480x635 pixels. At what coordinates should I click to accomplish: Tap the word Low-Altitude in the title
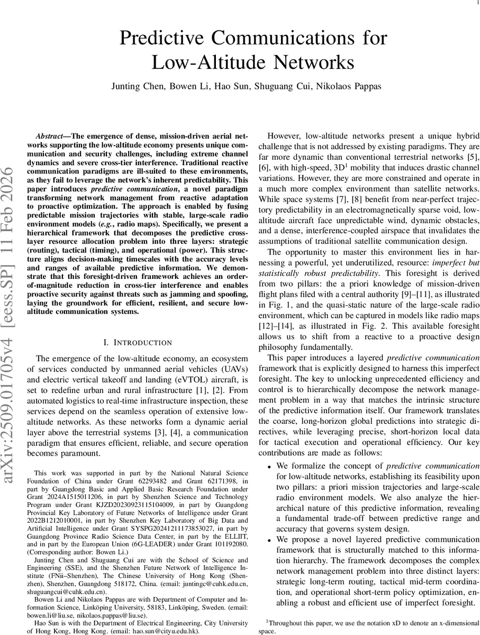[204, 62]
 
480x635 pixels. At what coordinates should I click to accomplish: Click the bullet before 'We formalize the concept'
[269, 467]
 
